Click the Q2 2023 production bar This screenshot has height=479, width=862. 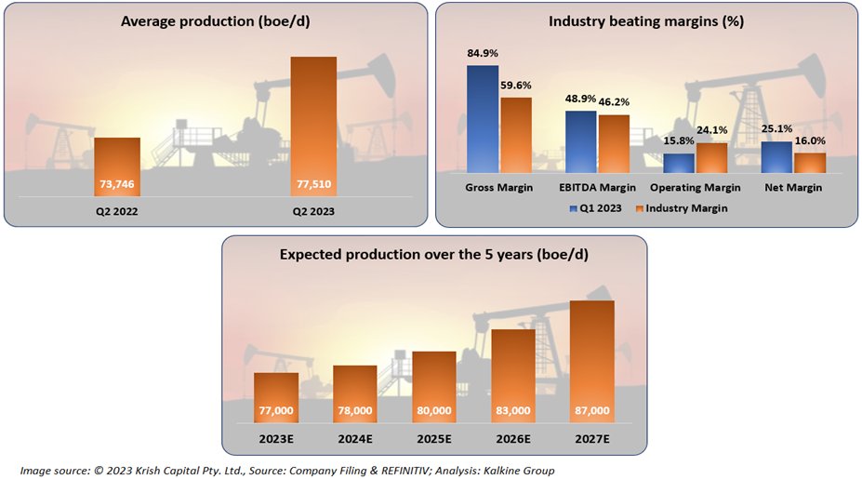(x=312, y=126)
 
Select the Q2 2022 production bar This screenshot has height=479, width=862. (x=117, y=167)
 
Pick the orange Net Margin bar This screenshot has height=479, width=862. (x=810, y=163)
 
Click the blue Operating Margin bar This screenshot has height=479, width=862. (x=679, y=164)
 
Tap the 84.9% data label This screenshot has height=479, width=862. (x=483, y=54)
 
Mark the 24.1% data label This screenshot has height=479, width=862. (x=712, y=131)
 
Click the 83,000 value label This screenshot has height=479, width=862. (x=513, y=410)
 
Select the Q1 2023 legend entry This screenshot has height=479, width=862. (x=595, y=209)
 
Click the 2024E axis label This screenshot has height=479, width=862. (x=355, y=438)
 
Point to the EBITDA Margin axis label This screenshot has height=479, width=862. (x=597, y=188)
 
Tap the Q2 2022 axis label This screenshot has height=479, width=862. (x=117, y=211)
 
